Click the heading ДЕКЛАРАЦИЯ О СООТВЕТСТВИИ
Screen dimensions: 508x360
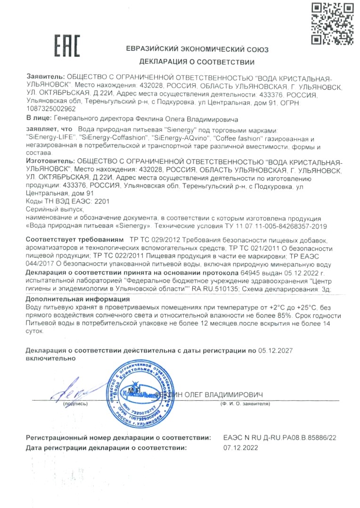coord(196,62)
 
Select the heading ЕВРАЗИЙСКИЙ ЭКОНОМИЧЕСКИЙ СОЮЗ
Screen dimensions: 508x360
coord(196,49)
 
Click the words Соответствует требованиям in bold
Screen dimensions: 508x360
coord(75,240)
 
